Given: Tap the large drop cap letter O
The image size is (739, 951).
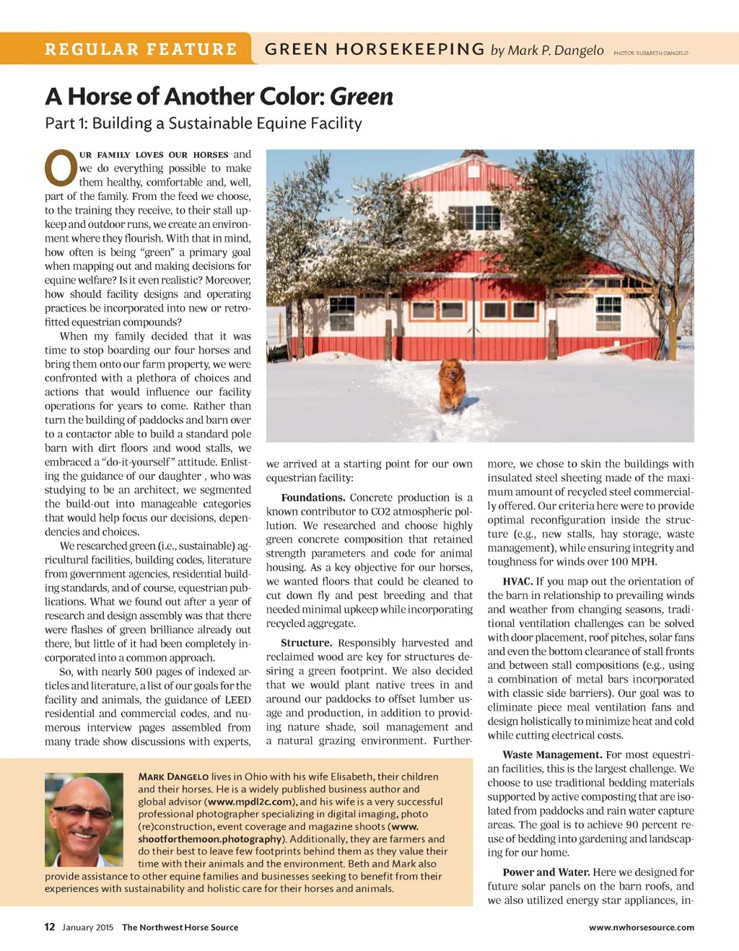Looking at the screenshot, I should [61, 168].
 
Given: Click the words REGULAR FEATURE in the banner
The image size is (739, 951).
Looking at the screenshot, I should [141, 50].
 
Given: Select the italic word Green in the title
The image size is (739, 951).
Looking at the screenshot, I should [362, 97].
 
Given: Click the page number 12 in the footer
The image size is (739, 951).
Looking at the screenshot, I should [50, 927].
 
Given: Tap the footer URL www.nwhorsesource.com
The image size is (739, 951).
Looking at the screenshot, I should [641, 928].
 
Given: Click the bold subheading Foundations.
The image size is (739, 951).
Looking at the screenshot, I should [312, 498].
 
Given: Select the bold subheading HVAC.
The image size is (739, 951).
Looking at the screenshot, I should [517, 582].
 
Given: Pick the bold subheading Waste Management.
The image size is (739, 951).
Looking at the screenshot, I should [552, 755].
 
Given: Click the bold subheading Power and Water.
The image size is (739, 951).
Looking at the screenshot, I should [546, 872].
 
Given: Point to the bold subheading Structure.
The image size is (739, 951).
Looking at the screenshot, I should [306, 643].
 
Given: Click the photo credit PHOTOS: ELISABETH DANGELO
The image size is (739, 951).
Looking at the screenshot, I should [650, 53].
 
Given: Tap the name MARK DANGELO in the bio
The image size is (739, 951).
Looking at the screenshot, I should [173, 777].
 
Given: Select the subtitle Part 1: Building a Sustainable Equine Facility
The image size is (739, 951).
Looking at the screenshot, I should [204, 123].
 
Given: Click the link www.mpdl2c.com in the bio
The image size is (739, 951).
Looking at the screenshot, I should [250, 802].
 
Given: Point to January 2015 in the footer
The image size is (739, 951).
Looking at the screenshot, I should [87, 928].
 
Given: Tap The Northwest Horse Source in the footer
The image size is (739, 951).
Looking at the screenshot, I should [180, 928].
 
